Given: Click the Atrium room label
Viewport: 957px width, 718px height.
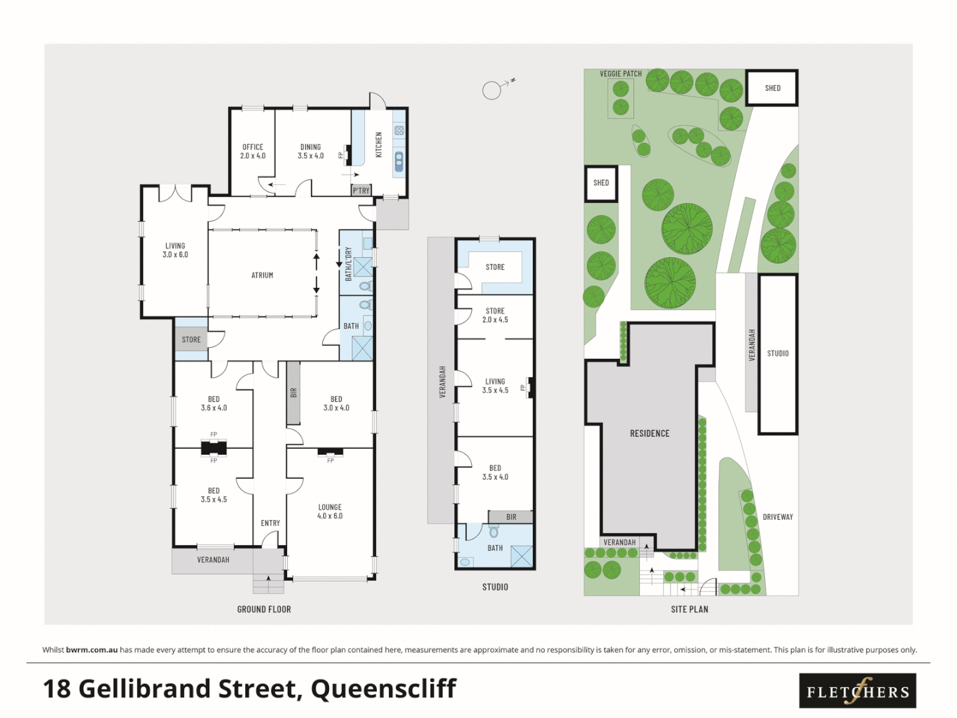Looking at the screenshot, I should tap(262, 275).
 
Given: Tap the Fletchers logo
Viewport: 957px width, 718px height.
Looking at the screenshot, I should tap(857, 691).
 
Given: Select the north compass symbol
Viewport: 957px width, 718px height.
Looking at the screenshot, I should tap(492, 90).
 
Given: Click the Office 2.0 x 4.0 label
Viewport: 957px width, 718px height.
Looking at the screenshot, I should tap(253, 152).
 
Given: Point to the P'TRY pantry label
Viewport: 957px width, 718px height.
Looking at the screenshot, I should tap(361, 191).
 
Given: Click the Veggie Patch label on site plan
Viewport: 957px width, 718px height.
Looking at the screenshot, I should tap(621, 74).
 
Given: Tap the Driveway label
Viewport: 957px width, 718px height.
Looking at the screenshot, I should tap(778, 517).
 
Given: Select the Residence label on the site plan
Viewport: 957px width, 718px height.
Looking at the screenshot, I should tap(649, 433).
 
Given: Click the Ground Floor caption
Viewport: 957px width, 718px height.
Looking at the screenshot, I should tap(264, 609).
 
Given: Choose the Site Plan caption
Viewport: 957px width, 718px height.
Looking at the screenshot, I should tap(689, 609).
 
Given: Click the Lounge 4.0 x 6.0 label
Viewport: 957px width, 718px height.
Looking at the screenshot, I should tap(330, 511).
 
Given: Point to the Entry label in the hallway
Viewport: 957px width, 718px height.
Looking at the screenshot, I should tap(270, 523).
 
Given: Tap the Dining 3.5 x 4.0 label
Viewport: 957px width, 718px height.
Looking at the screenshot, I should tap(310, 152).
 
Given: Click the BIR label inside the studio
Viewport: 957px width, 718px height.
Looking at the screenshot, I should tap(511, 517).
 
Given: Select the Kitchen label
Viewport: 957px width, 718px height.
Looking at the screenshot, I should tap(379, 144).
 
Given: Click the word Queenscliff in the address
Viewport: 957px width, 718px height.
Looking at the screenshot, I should tap(383, 689).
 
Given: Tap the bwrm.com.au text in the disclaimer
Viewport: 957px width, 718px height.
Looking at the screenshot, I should tap(92, 650).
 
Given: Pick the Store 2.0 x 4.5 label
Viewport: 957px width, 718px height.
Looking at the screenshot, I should tap(495, 315).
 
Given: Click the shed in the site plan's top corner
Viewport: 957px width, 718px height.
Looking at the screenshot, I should tap(772, 88).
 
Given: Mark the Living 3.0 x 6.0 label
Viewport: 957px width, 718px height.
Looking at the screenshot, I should tap(175, 250).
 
